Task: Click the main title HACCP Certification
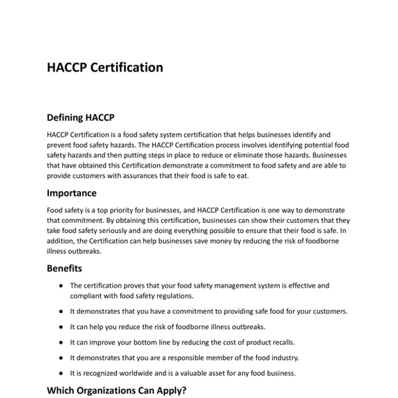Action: (x=105, y=68)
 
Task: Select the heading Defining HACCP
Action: (x=80, y=118)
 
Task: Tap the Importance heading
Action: (x=72, y=193)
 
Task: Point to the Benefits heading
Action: (x=64, y=269)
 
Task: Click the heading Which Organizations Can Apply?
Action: (x=116, y=391)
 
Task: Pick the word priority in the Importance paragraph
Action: (x=119, y=210)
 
